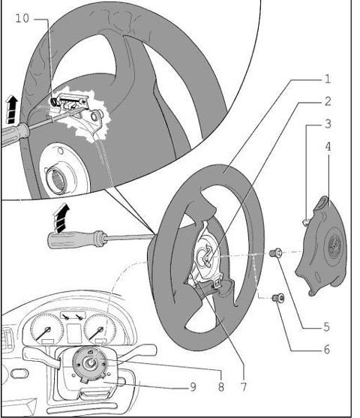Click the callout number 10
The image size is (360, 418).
[x=22, y=19]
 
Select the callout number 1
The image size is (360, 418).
[x=327, y=80]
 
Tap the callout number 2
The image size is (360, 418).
[x=328, y=101]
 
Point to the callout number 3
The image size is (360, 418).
[x=328, y=124]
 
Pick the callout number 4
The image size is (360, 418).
[x=328, y=146]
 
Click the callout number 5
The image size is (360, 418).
[x=327, y=327]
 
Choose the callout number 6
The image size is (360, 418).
[x=327, y=349]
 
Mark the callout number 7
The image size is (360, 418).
[x=243, y=386]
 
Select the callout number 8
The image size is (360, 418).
[x=221, y=386]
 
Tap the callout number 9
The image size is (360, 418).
[x=193, y=386]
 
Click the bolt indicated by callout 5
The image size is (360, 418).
[x=275, y=253]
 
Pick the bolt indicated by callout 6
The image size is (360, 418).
[x=278, y=298]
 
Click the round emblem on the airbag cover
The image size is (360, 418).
[x=334, y=245]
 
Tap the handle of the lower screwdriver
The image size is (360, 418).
[x=75, y=239]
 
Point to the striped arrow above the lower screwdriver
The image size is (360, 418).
[x=61, y=218]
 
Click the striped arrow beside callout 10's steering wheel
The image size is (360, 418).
[x=12, y=110]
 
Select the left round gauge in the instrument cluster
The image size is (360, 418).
[x=46, y=329]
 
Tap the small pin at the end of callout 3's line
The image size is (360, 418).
[x=306, y=222]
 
